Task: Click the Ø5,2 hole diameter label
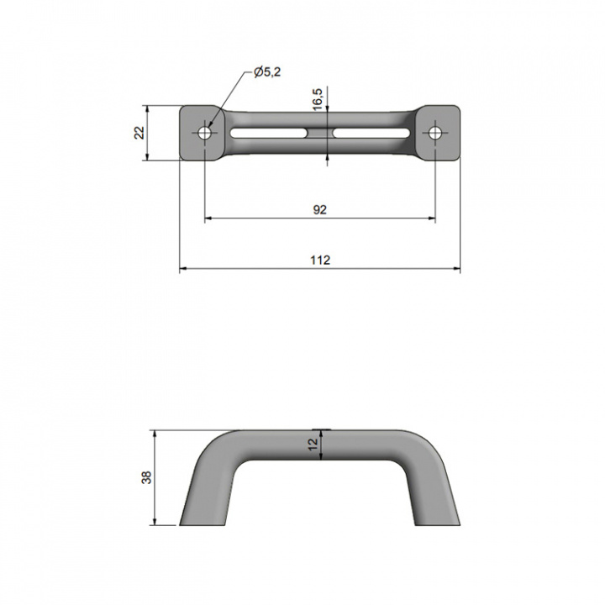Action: pyautogui.click(x=267, y=71)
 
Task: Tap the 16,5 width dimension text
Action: pyautogui.click(x=318, y=99)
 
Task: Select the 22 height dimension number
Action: pyautogui.click(x=140, y=133)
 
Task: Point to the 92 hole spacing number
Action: pyautogui.click(x=320, y=209)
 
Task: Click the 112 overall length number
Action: pyautogui.click(x=320, y=260)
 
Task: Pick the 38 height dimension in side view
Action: pyautogui.click(x=146, y=477)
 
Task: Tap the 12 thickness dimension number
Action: pyautogui.click(x=313, y=445)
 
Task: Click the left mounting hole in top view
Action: pyautogui.click(x=204, y=133)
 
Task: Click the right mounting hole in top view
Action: pyautogui.click(x=435, y=133)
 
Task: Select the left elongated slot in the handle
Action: pyautogui.click(x=269, y=133)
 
